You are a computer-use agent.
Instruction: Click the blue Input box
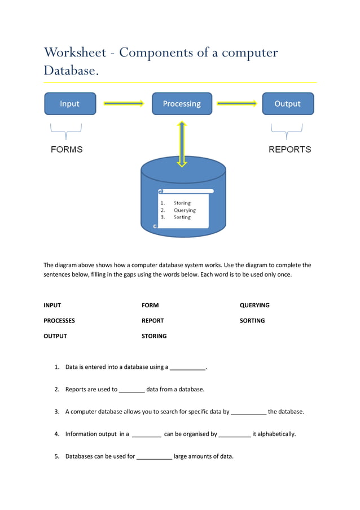click(70, 104)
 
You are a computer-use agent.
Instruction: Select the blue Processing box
click(182, 104)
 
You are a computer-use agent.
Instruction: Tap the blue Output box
click(288, 104)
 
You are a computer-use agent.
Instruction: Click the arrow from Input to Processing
click(124, 103)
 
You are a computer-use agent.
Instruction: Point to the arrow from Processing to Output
click(236, 103)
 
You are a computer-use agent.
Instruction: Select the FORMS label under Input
click(67, 150)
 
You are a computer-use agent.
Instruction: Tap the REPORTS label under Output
click(289, 150)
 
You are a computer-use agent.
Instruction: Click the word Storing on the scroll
click(182, 203)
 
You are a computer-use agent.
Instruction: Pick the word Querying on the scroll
click(185, 210)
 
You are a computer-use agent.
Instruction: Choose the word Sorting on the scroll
click(182, 217)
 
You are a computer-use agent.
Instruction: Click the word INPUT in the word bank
click(52, 305)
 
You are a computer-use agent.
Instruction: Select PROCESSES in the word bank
click(59, 320)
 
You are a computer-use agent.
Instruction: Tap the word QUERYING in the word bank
click(254, 305)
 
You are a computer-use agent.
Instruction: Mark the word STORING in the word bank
click(154, 335)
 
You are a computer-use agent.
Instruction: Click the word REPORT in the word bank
click(152, 320)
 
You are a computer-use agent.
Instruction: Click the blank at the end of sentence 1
click(188, 368)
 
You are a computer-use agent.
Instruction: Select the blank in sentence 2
click(132, 390)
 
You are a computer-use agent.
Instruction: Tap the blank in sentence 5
click(154, 456)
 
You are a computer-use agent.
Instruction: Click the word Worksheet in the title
click(76, 53)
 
